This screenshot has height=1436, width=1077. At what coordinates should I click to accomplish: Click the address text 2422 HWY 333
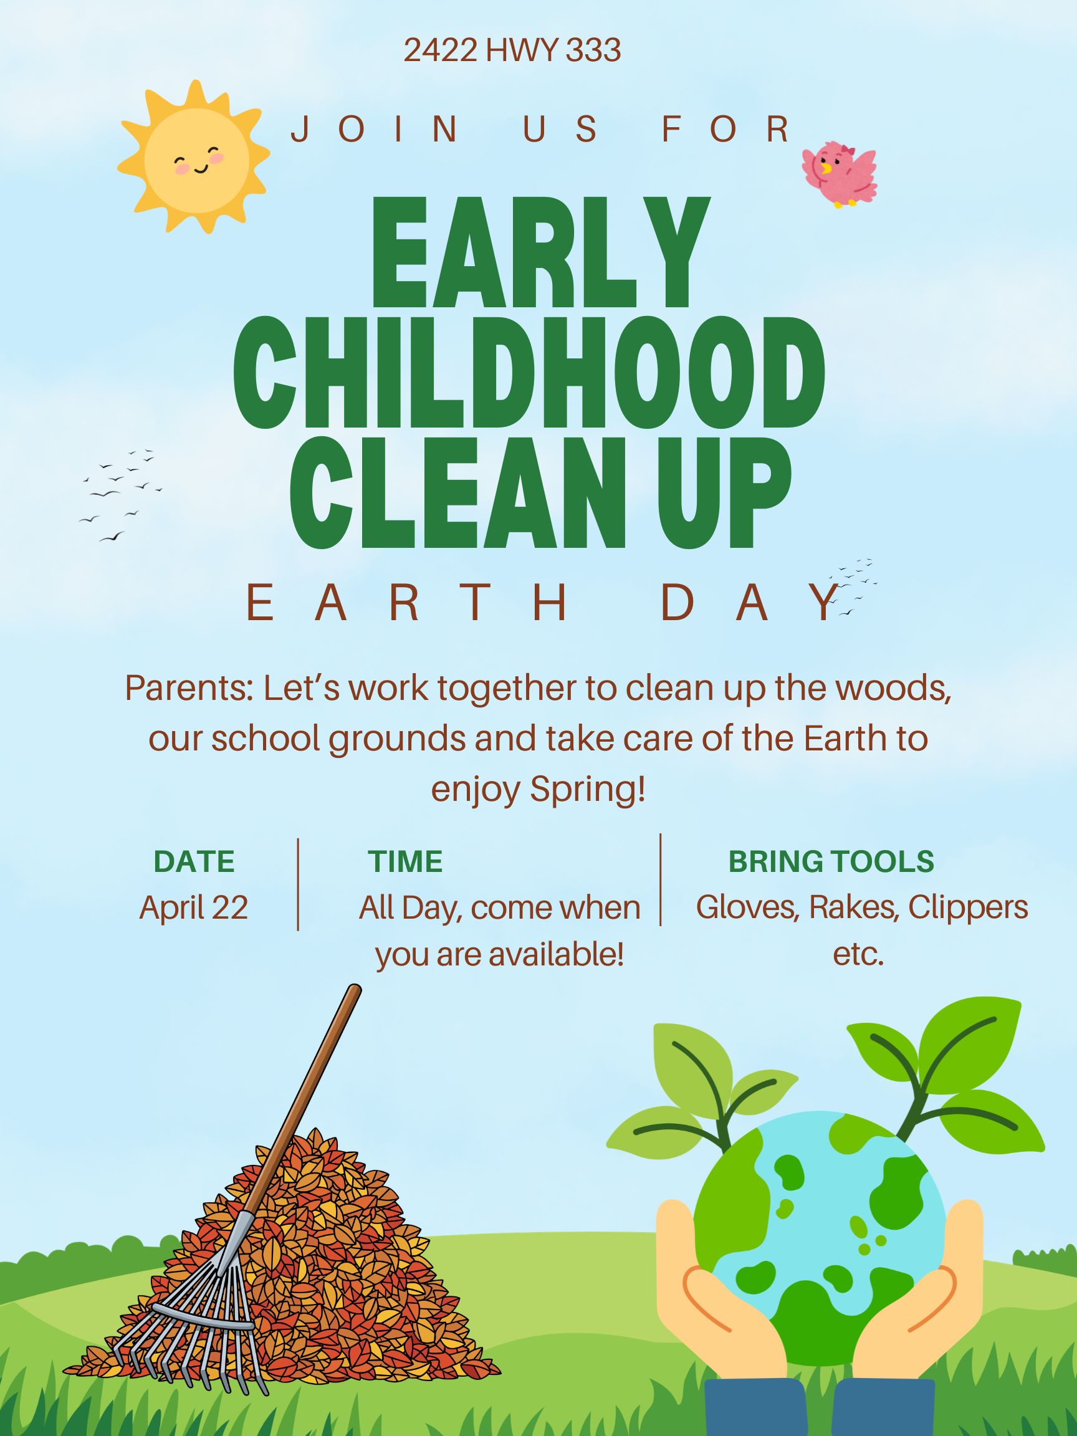coord(512,50)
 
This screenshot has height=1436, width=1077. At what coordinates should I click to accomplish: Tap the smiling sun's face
coord(197,158)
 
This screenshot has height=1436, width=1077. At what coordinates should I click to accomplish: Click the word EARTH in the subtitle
coord(408,603)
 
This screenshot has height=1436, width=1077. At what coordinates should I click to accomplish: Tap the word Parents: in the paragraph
coord(188,688)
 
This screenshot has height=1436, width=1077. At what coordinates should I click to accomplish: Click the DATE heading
coord(194,861)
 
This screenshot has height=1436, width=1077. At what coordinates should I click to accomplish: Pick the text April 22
coord(193,907)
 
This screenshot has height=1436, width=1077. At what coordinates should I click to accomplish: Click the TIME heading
coord(405,861)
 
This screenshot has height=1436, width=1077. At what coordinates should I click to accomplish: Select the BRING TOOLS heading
coord(831,861)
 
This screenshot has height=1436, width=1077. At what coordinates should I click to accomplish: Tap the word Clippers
coord(968,907)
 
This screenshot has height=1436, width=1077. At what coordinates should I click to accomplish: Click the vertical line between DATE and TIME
coord(298,884)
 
